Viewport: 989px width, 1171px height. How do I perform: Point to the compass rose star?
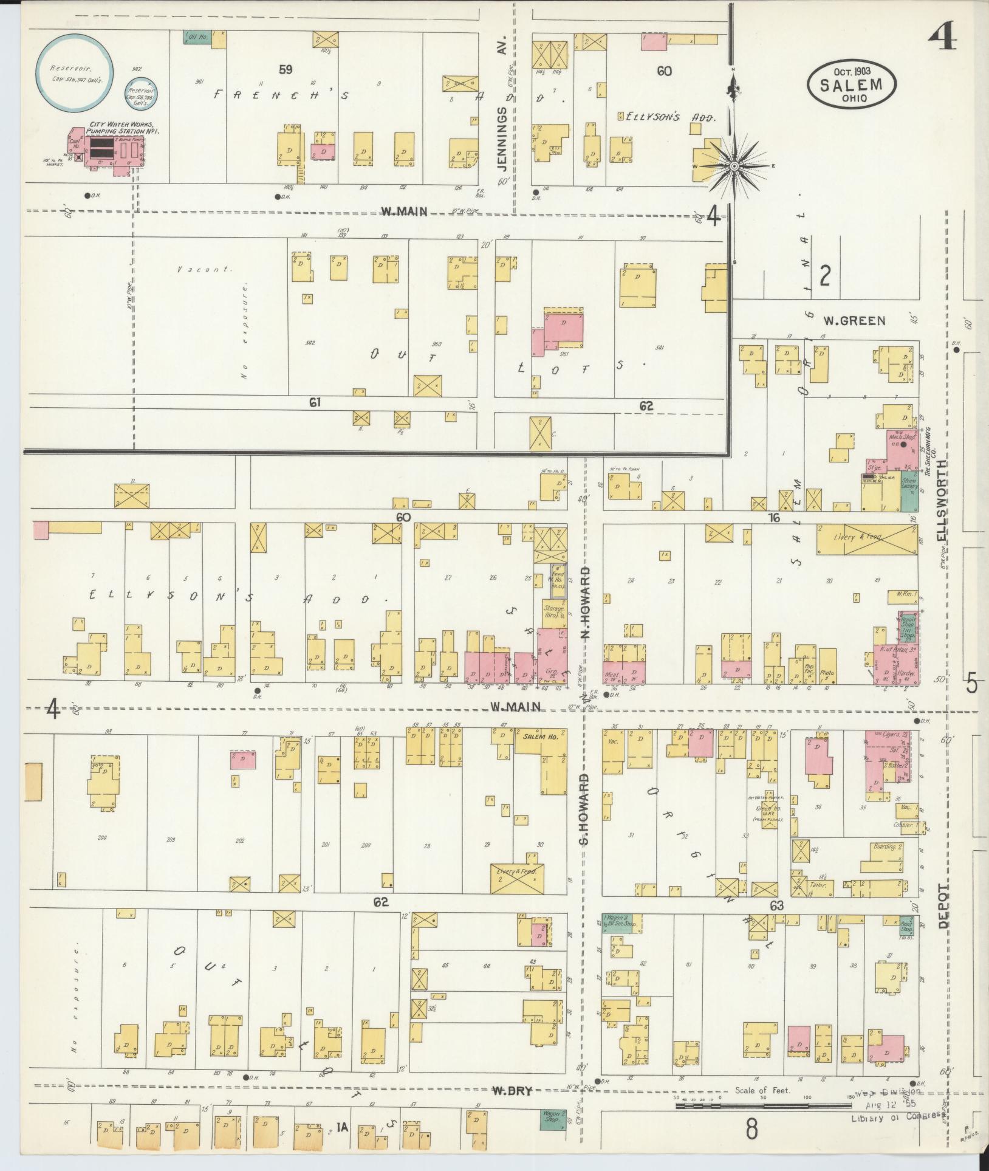734,165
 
